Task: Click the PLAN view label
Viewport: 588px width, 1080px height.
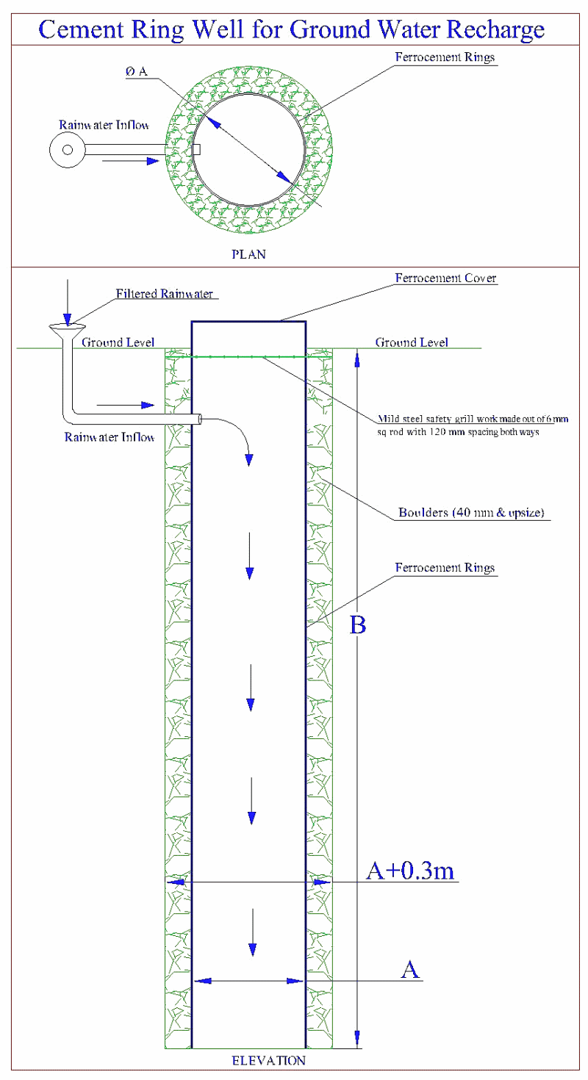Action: tap(248, 255)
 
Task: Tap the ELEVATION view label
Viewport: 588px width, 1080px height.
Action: tap(268, 1060)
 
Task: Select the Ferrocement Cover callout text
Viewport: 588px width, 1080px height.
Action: tap(446, 278)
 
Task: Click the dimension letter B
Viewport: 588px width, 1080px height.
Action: tap(358, 625)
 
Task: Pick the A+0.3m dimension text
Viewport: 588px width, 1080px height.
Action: tap(412, 870)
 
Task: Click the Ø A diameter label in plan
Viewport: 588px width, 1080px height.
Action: tap(137, 71)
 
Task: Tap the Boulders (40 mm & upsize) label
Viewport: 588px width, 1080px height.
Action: tap(470, 513)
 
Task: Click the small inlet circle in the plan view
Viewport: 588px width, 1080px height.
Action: tap(67, 150)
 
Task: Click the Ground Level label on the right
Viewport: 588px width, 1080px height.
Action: tap(412, 342)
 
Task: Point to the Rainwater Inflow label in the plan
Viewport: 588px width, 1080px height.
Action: tap(104, 125)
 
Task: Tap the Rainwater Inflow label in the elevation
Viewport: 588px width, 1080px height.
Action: tap(110, 438)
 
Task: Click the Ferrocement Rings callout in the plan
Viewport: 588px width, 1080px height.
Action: tap(446, 57)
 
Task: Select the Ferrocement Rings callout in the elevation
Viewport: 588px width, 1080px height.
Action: tap(445, 568)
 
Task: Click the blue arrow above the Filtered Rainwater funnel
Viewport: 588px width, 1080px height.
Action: tap(67, 301)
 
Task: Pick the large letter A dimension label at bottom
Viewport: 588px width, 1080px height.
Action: tap(410, 970)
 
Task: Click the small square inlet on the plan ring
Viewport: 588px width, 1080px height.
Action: tap(196, 150)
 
